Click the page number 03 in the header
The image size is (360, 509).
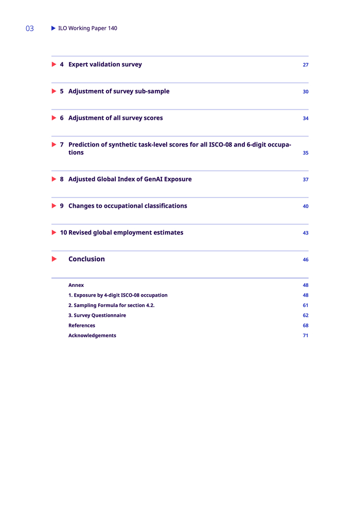30,29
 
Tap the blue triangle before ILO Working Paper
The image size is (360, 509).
53,28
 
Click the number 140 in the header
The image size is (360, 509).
113,28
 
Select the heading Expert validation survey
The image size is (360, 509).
105,64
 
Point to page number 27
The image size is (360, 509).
305,65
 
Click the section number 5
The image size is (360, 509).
62,91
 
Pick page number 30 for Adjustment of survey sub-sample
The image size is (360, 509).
305,92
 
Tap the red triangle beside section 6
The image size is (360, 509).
54,118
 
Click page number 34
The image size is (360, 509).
305,118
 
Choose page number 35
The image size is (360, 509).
305,153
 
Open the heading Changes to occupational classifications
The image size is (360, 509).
128,206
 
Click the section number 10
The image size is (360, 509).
63,232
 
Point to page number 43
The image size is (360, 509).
305,233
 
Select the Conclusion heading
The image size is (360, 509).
86,259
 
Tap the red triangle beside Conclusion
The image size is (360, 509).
54,259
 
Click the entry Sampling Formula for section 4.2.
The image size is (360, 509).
111,305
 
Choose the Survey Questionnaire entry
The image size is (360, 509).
97,315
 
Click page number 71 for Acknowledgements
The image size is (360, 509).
305,336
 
